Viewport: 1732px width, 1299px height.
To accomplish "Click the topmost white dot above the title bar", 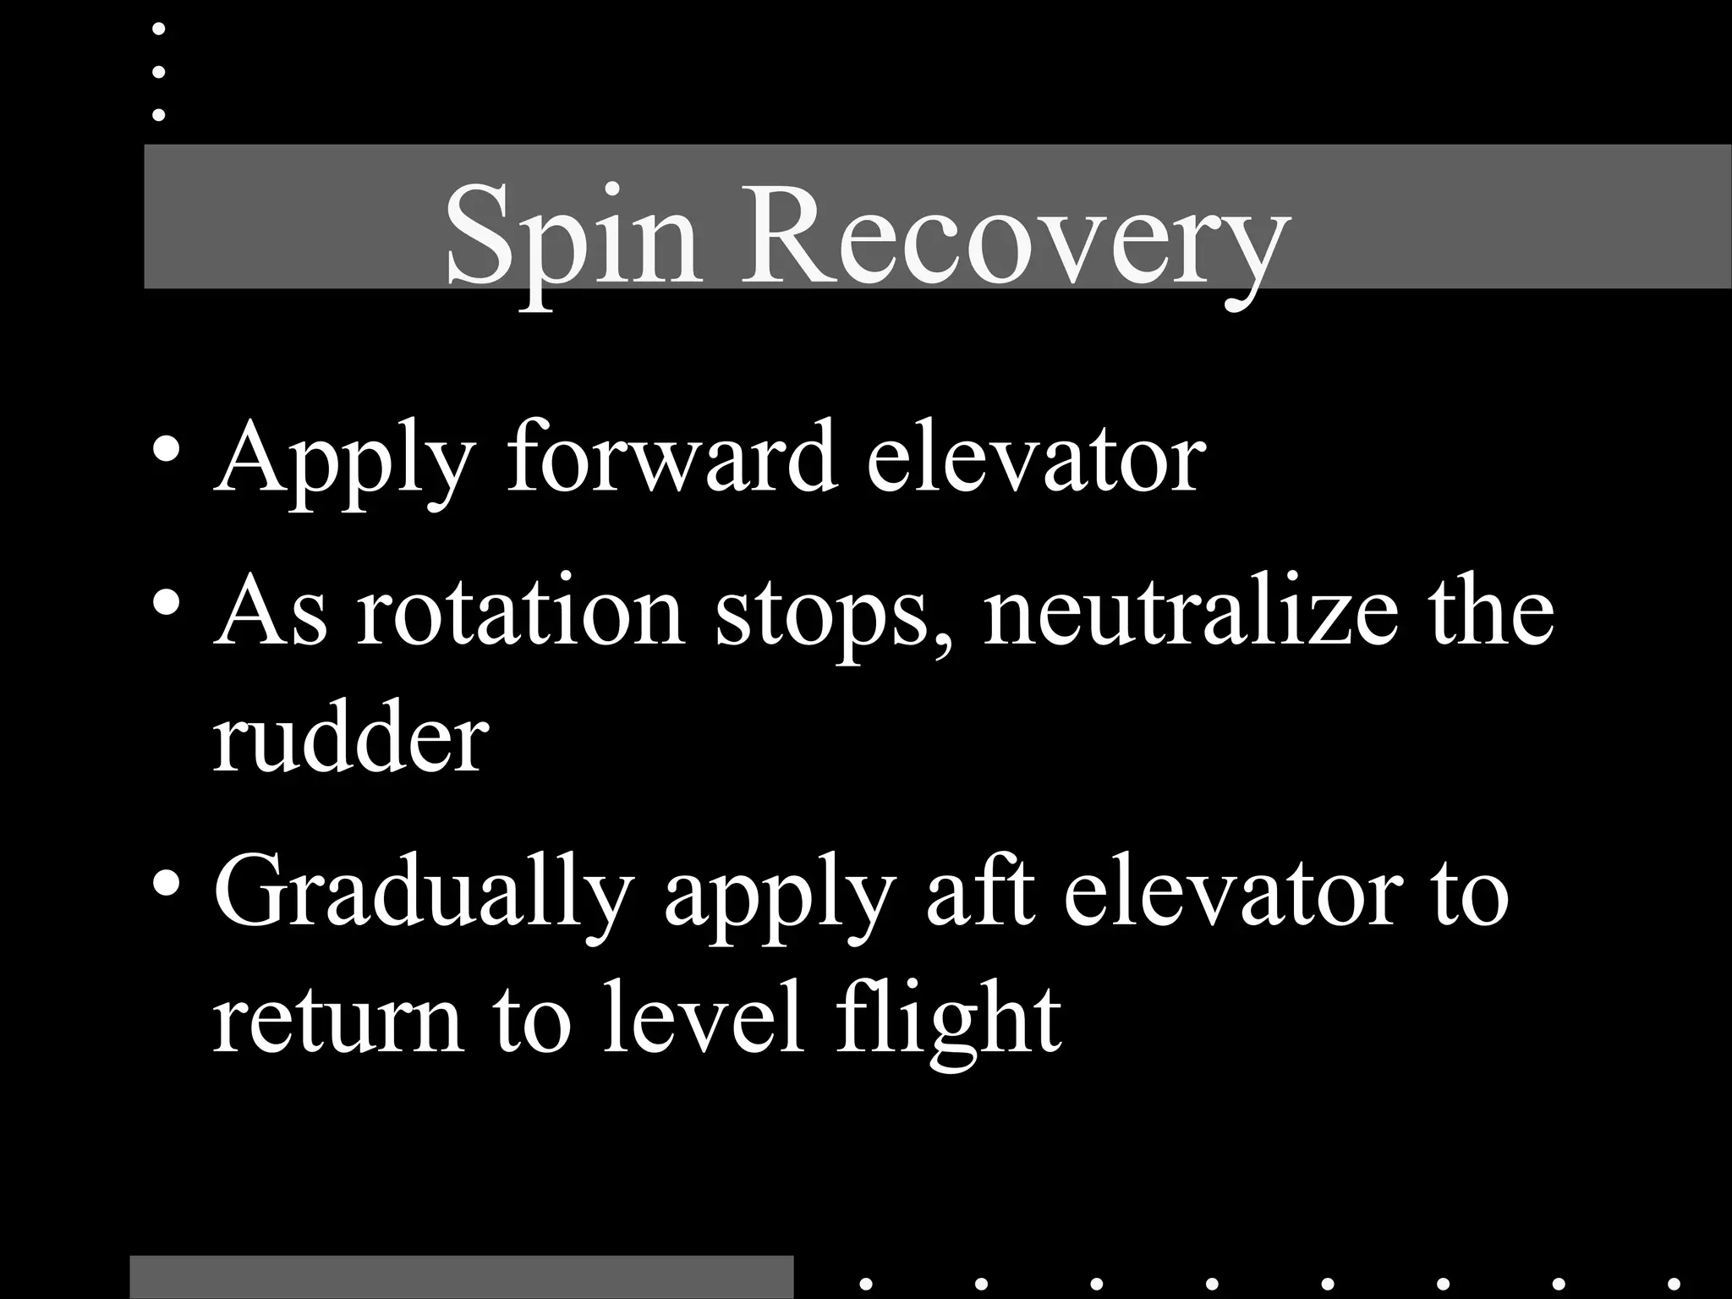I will point(158,29).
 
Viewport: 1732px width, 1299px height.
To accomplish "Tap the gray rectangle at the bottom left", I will point(462,1277).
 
